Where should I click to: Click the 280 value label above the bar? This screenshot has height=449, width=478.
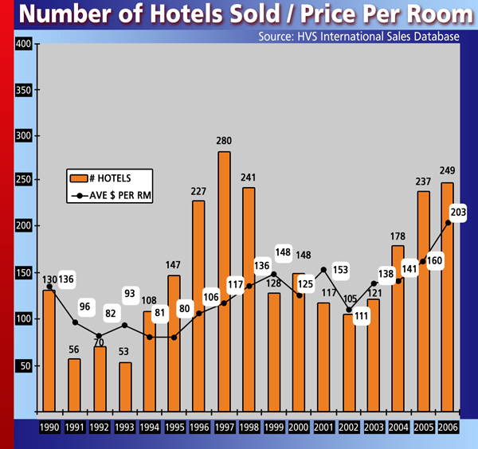[224, 141]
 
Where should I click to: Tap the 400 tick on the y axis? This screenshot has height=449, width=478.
[22, 45]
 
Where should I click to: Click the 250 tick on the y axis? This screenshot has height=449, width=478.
[22, 182]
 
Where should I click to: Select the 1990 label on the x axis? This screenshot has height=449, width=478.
[49, 428]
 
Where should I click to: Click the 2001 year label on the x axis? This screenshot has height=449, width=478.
[323, 428]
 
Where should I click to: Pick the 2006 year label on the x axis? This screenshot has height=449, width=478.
[448, 428]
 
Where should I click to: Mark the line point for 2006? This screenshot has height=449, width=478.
[448, 224]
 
